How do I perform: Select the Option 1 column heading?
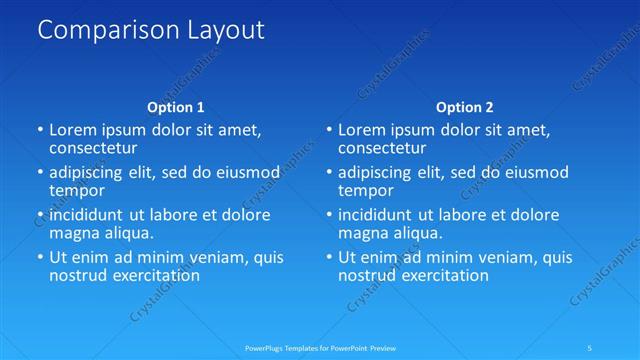tap(175, 107)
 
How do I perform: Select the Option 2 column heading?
tap(464, 107)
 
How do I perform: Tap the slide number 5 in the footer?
tap(590, 348)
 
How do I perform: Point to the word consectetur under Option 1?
tap(93, 148)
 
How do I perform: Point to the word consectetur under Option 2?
tap(382, 148)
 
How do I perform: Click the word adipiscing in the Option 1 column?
tap(89, 172)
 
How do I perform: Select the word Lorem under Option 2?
tap(362, 130)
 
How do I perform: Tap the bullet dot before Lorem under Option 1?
tap(40, 130)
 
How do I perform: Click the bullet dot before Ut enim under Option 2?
tap(329, 257)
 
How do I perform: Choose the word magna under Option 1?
tap(74, 233)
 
